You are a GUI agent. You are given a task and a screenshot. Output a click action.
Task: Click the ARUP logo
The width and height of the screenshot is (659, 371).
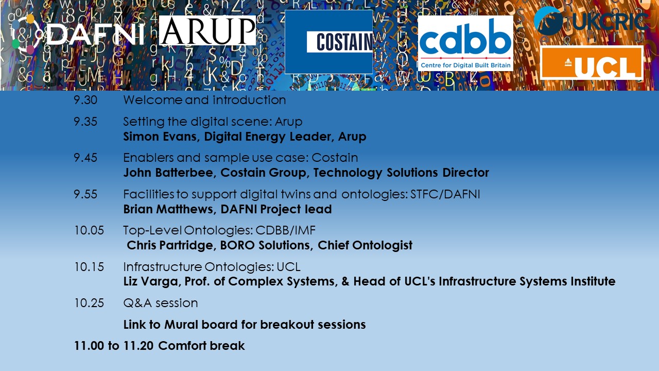[x=207, y=30]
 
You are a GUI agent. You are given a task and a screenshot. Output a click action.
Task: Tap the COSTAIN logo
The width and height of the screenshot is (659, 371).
[x=328, y=42]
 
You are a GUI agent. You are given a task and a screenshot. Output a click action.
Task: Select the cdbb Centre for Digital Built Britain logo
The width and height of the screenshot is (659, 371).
[x=465, y=43]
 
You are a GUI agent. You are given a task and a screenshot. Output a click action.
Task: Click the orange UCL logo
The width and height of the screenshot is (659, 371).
[x=592, y=63]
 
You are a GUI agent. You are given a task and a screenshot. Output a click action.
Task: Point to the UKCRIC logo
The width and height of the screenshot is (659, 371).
[x=592, y=21]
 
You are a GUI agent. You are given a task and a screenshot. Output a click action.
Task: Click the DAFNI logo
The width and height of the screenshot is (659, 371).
[x=78, y=35]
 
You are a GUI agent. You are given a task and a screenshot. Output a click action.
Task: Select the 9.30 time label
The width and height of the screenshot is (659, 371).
[x=85, y=100]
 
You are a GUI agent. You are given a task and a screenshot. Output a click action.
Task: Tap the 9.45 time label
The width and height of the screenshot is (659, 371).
[x=85, y=158]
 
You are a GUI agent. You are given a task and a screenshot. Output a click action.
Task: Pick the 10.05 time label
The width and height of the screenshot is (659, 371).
[x=89, y=230]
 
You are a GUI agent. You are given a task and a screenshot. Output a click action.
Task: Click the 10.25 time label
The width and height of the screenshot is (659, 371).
[x=89, y=303]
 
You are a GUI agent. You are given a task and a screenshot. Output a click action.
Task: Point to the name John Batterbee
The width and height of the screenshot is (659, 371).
[x=168, y=173]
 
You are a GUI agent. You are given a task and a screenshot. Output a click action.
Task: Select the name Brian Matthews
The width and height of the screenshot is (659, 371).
[x=168, y=209]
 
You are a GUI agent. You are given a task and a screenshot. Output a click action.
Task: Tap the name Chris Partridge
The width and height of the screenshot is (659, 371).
[x=170, y=245]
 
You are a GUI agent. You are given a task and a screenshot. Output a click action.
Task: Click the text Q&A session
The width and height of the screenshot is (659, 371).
[x=160, y=303]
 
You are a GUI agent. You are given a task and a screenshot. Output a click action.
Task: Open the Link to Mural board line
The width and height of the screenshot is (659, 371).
[x=245, y=325]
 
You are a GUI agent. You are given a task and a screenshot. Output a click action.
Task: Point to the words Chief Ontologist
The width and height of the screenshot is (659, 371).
[x=365, y=245]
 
